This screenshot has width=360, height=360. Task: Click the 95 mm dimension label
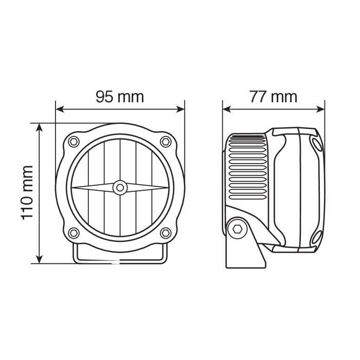pos(119,96)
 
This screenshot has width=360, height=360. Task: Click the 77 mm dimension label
pos(273,96)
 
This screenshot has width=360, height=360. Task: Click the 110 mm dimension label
pos(27,192)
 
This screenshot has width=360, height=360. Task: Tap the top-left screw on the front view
pos(74,141)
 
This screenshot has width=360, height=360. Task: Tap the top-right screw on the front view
pos(165,141)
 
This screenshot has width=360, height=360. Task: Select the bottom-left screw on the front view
pos(74,233)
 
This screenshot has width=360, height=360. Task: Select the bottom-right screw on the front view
pos(165,233)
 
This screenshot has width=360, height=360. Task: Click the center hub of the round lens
pos(120,188)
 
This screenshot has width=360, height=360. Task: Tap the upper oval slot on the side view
pos(315,144)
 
